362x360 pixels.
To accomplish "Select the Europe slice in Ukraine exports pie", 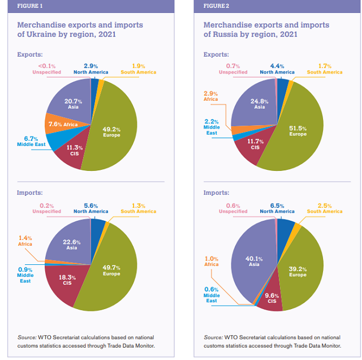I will [x=113, y=133].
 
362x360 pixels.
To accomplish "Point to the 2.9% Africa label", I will [x=211, y=96].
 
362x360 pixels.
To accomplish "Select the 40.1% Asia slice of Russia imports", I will [x=252, y=261].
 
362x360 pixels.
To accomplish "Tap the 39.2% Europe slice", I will [x=297, y=271].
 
